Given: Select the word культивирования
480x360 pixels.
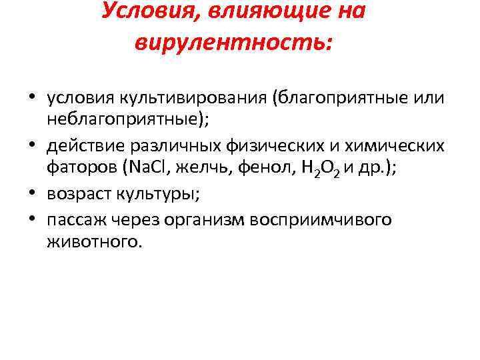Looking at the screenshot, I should tap(194, 98).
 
